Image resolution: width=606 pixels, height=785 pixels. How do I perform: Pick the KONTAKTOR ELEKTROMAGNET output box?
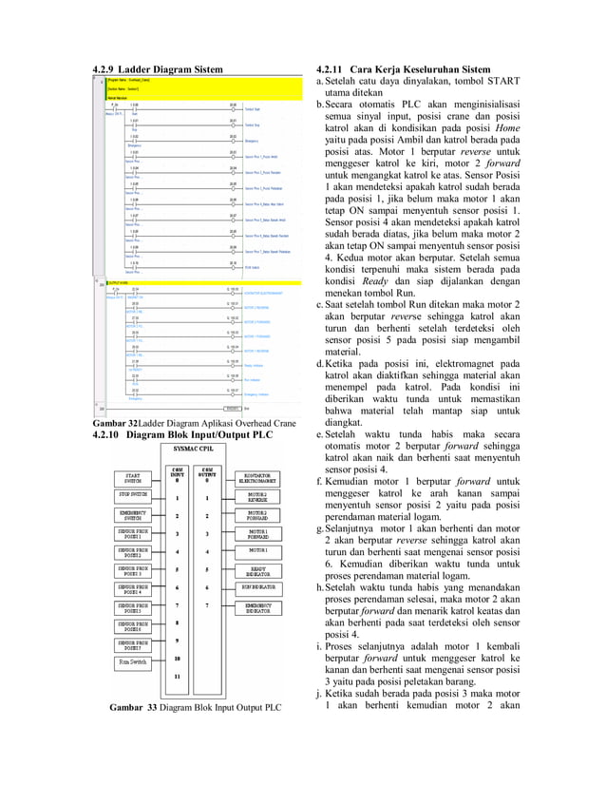(257, 478)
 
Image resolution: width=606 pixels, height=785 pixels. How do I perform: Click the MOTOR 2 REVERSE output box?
(257, 497)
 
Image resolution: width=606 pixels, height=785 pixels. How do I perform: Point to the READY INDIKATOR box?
(257, 570)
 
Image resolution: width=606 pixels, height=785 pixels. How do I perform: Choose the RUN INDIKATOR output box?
(257, 588)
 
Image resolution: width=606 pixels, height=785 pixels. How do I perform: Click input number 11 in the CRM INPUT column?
(177, 677)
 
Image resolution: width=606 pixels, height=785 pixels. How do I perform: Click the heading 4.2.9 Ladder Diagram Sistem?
(157, 69)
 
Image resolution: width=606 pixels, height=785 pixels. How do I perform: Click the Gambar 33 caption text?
(195, 708)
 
